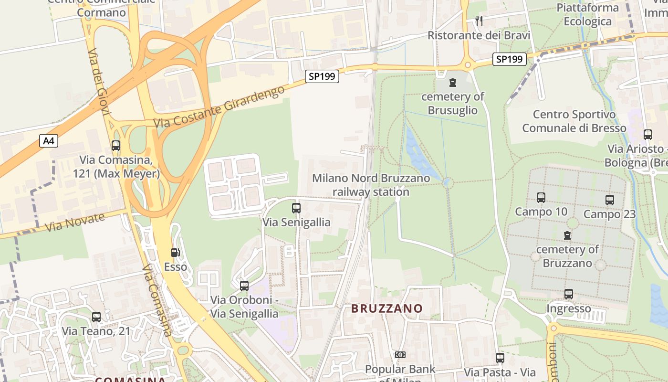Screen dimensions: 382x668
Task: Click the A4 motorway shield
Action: click(48, 141)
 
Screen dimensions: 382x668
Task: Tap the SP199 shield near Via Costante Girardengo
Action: click(322, 76)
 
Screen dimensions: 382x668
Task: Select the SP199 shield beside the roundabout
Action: click(510, 59)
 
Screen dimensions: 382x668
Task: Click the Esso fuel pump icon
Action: click(176, 253)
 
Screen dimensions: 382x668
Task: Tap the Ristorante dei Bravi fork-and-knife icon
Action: click(479, 21)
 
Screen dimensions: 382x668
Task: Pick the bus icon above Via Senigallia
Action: click(296, 208)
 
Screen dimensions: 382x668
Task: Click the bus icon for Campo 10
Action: click(541, 197)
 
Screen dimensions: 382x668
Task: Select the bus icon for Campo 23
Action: click(609, 200)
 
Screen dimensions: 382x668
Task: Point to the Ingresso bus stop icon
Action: click(568, 294)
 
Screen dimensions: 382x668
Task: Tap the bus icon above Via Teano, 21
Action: click(96, 317)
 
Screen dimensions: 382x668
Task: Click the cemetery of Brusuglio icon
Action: click(453, 83)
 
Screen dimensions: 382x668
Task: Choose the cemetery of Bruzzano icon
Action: click(567, 235)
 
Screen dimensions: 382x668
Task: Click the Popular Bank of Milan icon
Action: click(400, 355)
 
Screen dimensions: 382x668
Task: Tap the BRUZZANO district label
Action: click(387, 308)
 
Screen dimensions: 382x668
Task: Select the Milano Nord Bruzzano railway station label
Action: click(371, 185)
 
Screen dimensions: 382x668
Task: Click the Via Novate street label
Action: click(75, 223)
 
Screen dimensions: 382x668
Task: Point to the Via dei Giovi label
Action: click(99, 82)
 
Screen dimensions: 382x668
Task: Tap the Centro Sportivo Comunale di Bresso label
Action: click(574, 121)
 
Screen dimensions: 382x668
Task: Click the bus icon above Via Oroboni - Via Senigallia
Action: click(244, 286)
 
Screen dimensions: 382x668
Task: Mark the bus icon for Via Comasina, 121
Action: click(115, 146)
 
